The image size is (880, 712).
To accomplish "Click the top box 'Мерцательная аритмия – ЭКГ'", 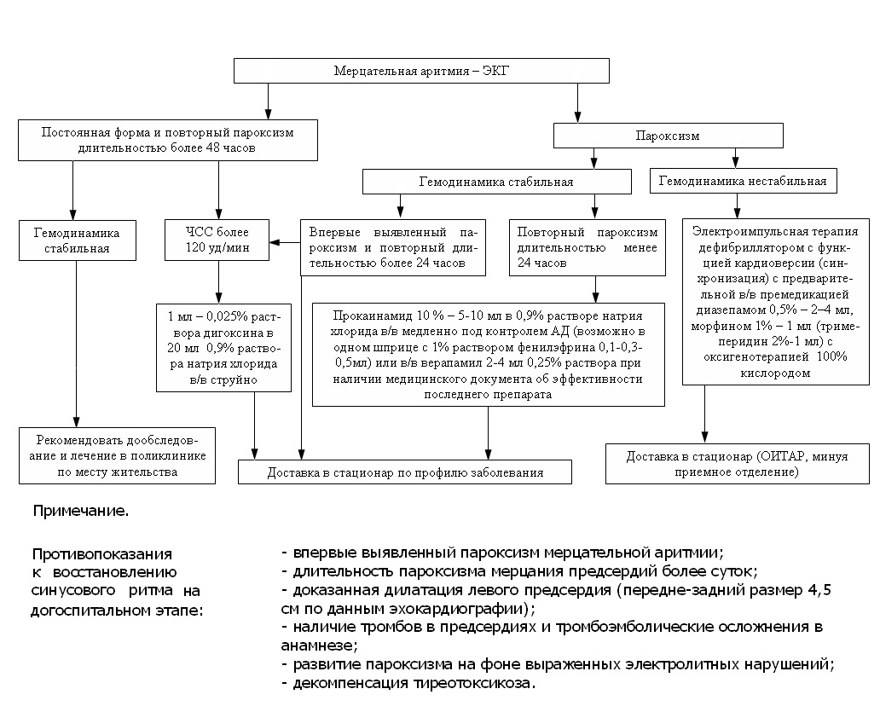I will (x=422, y=70).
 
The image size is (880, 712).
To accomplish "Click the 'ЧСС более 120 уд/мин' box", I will (x=217, y=240).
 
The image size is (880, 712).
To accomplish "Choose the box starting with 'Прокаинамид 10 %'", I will (x=489, y=352).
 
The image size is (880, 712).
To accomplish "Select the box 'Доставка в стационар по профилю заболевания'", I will (x=405, y=472).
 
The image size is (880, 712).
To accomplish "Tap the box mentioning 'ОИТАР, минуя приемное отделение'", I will (x=737, y=462).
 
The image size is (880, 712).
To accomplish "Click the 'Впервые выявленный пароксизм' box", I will (x=393, y=247).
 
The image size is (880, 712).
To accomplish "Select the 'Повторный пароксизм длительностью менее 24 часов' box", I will (x=586, y=247).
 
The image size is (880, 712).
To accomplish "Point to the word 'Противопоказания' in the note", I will (x=101, y=553).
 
